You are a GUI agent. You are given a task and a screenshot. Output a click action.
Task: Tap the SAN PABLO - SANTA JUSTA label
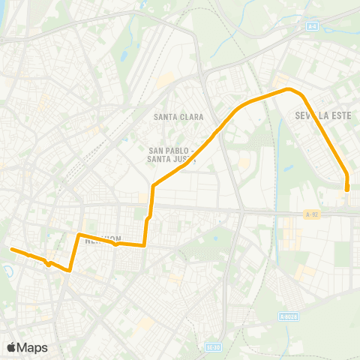172,153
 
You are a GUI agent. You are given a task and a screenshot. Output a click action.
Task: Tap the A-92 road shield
313,214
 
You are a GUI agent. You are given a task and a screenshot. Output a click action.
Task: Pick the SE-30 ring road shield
213,346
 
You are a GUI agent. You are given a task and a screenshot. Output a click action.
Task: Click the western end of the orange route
11,248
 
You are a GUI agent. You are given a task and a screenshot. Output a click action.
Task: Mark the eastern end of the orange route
347,190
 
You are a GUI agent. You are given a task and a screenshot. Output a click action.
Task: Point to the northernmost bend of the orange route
288,89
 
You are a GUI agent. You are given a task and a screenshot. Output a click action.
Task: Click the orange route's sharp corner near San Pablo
153,185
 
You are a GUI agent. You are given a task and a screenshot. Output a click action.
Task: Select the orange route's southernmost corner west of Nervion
70,270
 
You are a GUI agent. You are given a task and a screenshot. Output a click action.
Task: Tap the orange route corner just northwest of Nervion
79,235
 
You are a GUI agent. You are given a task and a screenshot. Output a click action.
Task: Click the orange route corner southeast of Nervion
144,244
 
